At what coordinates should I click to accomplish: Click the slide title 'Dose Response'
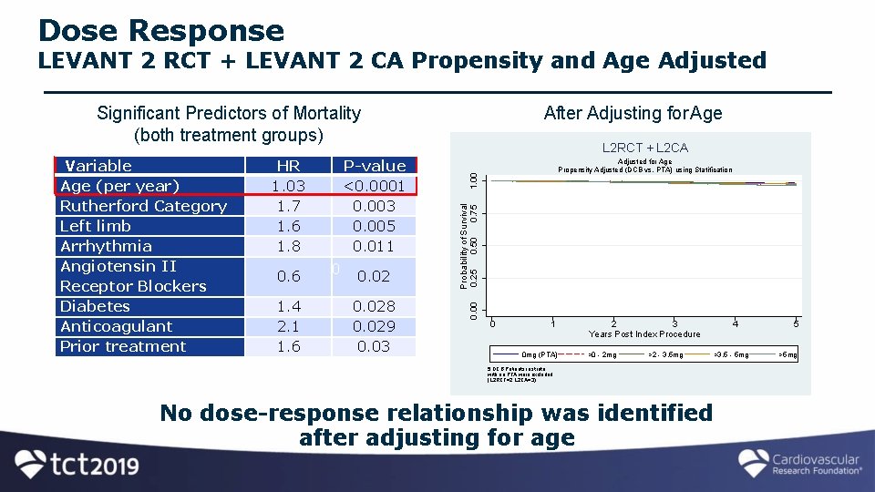pyautogui.click(x=161, y=31)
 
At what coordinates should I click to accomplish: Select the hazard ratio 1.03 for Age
pyautogui.click(x=288, y=186)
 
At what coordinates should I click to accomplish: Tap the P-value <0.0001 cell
pyautogui.click(x=374, y=186)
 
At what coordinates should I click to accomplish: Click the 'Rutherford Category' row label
pyautogui.click(x=143, y=206)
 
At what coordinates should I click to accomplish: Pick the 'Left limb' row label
pyautogui.click(x=96, y=226)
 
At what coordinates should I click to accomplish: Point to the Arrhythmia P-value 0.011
pyautogui.click(x=374, y=246)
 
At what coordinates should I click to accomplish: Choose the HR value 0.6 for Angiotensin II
pyautogui.click(x=288, y=276)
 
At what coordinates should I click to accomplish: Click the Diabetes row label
pyautogui.click(x=95, y=306)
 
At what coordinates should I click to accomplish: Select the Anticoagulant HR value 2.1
pyautogui.click(x=288, y=326)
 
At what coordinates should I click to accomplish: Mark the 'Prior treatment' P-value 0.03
pyautogui.click(x=374, y=346)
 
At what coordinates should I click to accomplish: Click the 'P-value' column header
pyautogui.click(x=374, y=166)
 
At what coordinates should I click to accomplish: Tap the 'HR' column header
pyautogui.click(x=288, y=166)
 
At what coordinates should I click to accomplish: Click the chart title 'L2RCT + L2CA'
pyautogui.click(x=644, y=148)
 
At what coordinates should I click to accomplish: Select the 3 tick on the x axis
pyautogui.click(x=674, y=323)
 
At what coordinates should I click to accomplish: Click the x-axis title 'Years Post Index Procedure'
pyautogui.click(x=644, y=334)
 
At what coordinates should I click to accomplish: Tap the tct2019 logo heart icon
pyautogui.click(x=32, y=464)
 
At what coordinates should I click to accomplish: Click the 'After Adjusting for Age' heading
pyautogui.click(x=633, y=113)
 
